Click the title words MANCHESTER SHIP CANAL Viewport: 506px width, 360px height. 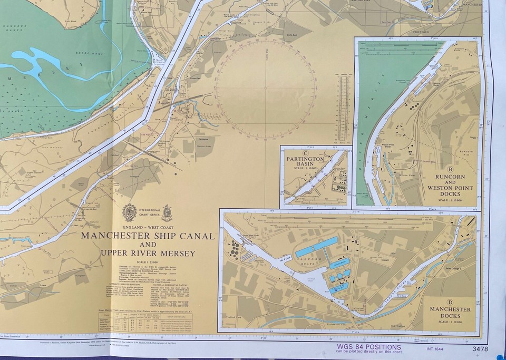(x=148, y=236)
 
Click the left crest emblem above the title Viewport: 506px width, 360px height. (x=129, y=212)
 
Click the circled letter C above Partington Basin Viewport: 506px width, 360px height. (x=305, y=153)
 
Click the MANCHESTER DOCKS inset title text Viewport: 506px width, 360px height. (x=451, y=313)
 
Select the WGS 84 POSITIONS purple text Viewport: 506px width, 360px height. (x=368, y=347)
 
